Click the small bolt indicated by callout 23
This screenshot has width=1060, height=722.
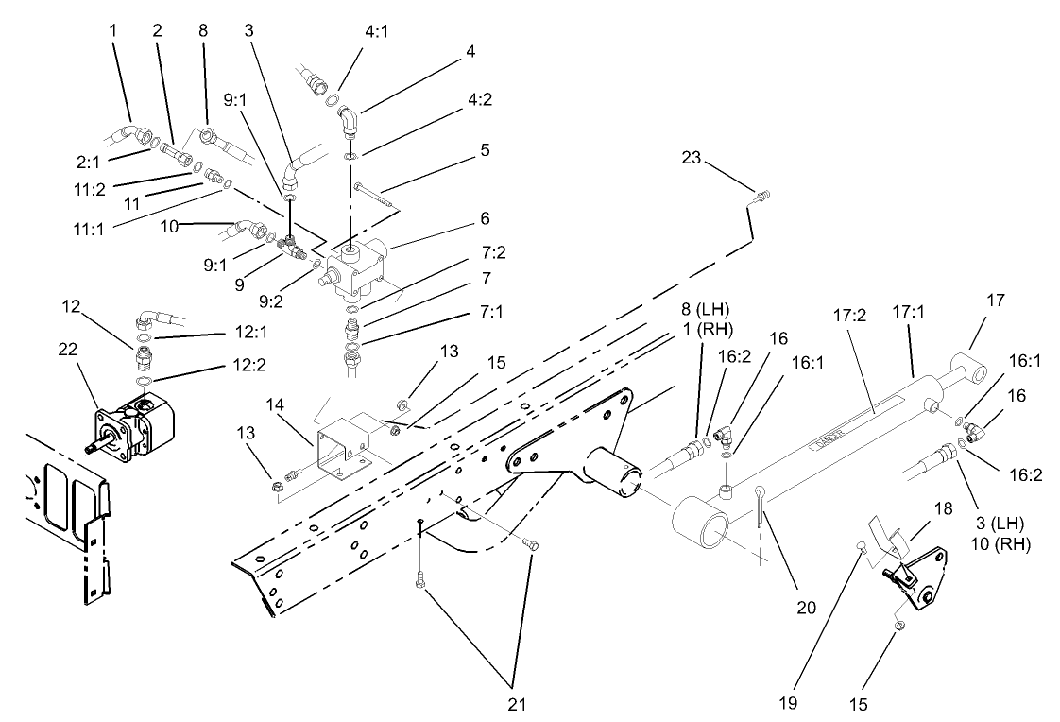pos(762,196)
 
